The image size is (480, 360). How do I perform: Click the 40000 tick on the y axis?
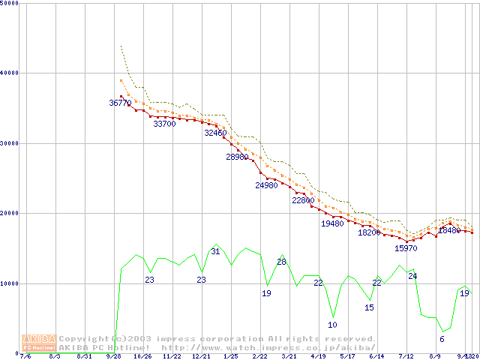coord(9,73)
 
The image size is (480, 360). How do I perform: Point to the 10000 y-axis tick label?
coord(9,283)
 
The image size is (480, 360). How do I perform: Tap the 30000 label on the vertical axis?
coord(9,142)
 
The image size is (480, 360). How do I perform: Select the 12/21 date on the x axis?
coord(200,356)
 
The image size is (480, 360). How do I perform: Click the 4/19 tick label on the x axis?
coord(317,356)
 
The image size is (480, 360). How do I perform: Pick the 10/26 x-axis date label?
coord(142,356)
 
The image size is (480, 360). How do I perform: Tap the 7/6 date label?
coord(25,356)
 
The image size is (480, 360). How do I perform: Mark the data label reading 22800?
coord(303,200)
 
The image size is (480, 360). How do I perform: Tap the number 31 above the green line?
coord(215,251)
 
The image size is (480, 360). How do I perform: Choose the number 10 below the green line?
coord(332,325)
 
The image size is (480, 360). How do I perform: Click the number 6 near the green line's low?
coord(442,339)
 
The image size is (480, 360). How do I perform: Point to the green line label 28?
coord(281,262)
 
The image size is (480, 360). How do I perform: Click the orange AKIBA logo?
coord(40,343)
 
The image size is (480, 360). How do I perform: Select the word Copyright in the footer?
coord(85,339)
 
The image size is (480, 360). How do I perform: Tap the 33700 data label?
coord(164,124)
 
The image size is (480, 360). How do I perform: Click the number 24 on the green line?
coord(412,276)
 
